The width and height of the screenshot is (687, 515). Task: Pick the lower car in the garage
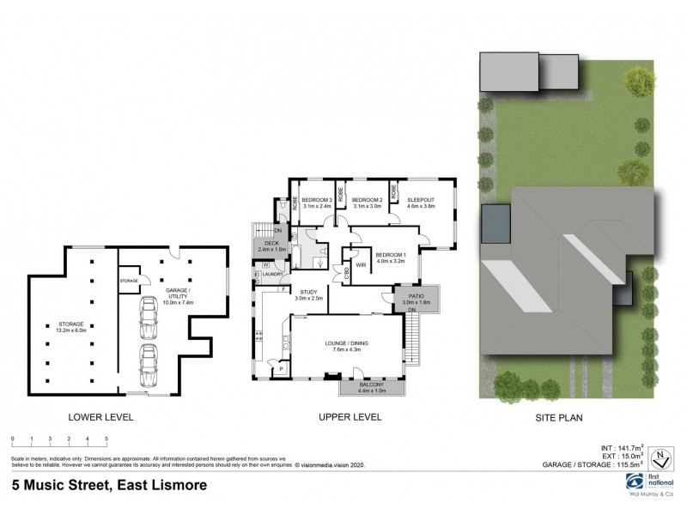point(148,364)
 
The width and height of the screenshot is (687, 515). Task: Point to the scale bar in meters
point(59,441)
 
